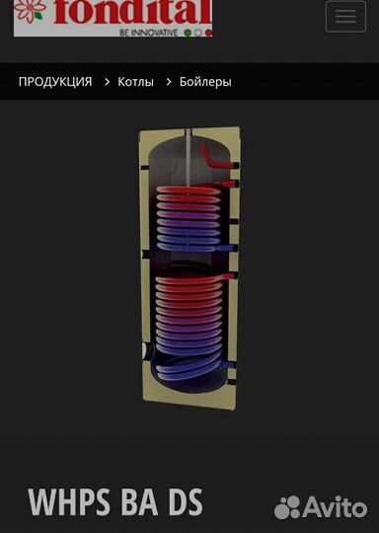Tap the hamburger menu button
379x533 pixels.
[345, 17]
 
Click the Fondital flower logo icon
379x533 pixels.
[30, 10]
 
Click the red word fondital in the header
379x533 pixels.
[133, 12]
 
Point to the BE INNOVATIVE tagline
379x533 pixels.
[148, 33]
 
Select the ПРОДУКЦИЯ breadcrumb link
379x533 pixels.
[55, 82]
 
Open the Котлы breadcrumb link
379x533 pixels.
[135, 82]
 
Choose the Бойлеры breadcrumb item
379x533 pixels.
[205, 82]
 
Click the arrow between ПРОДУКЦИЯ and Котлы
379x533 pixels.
[107, 82]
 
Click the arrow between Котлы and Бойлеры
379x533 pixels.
[169, 82]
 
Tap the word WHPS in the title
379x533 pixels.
[69, 502]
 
